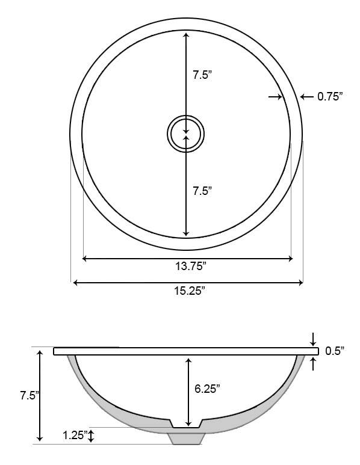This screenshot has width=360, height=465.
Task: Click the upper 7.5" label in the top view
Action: (x=202, y=75)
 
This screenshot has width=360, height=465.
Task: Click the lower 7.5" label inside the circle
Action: (x=202, y=191)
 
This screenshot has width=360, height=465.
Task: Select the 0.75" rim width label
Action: (x=330, y=96)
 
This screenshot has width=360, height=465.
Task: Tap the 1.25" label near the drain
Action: (x=76, y=435)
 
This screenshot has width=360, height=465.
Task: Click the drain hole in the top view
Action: (x=185, y=133)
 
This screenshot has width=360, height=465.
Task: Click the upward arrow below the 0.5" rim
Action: (x=313, y=362)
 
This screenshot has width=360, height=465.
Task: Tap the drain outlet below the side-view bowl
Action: (x=187, y=438)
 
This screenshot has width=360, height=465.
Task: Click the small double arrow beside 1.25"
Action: (x=91, y=436)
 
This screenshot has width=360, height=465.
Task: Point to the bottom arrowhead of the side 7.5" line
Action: (x=40, y=439)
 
